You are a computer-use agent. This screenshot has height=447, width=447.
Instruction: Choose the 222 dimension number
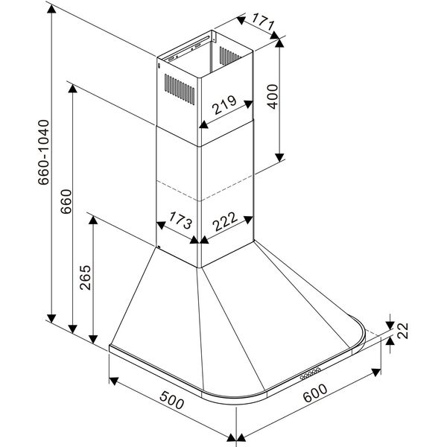(x=226, y=221)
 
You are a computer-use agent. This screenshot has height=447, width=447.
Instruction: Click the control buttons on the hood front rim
(x=312, y=373)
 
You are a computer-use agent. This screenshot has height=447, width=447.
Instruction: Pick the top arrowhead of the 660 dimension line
(x=72, y=88)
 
